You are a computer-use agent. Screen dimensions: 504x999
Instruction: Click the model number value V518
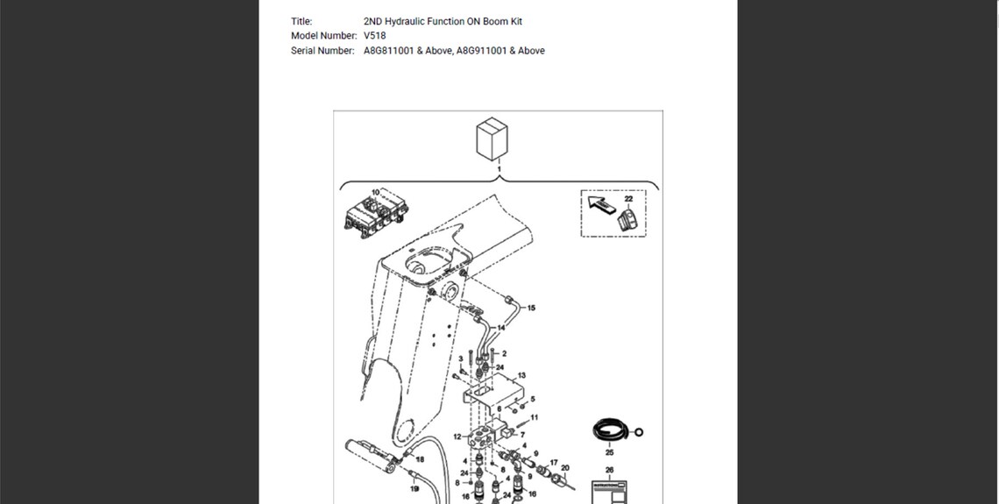(x=374, y=36)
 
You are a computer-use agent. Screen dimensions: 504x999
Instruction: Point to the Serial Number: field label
(x=322, y=51)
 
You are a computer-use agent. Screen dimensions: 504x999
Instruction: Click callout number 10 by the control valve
(x=375, y=192)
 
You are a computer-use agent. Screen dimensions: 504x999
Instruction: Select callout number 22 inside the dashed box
(x=628, y=199)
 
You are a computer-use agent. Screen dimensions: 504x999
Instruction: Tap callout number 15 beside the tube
(x=531, y=309)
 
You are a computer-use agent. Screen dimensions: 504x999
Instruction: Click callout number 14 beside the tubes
(x=500, y=328)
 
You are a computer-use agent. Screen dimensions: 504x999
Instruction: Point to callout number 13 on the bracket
(x=521, y=375)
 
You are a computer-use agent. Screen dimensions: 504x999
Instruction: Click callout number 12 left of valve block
(x=457, y=436)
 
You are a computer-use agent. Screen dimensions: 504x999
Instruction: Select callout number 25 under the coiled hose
(x=609, y=453)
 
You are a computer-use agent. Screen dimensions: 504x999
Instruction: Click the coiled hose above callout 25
(x=608, y=432)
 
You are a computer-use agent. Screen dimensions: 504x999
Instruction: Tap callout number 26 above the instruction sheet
(x=610, y=470)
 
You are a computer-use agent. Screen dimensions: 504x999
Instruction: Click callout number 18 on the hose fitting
(x=421, y=459)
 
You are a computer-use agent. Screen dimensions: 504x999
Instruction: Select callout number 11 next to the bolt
(x=535, y=417)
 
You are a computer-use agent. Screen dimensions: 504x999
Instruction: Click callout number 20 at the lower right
(x=565, y=468)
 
